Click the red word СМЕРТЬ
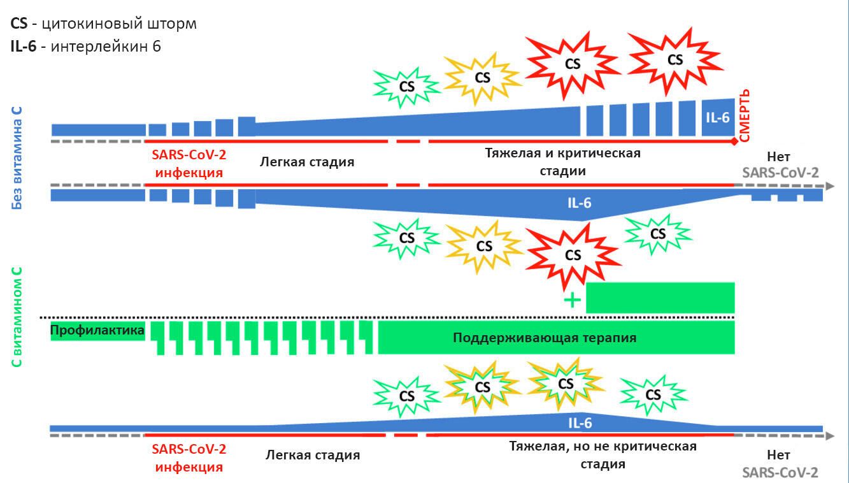(x=745, y=115)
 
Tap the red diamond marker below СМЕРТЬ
(x=734, y=141)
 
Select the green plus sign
(x=573, y=300)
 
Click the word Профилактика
(x=97, y=330)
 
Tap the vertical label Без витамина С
(x=17, y=158)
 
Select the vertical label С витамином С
(x=17, y=317)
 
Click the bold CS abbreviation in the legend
(x=19, y=24)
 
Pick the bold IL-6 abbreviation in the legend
(x=24, y=47)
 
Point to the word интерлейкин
(x=100, y=47)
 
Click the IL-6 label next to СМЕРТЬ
(x=718, y=118)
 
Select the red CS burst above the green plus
(x=573, y=255)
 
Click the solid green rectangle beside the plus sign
(x=660, y=298)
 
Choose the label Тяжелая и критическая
(x=563, y=153)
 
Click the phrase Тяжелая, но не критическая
(x=603, y=446)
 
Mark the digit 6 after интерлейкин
(x=157, y=47)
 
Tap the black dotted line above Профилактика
(x=387, y=317)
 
